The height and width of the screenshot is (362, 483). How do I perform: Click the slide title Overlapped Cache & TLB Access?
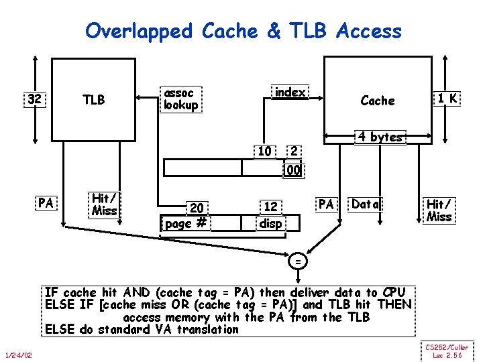(x=244, y=30)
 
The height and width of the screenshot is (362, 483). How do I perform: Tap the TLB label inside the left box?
(x=94, y=100)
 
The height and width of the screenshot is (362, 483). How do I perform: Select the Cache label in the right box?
(x=378, y=101)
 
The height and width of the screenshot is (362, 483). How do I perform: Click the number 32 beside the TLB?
(x=34, y=100)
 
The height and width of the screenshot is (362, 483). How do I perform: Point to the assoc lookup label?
(x=181, y=99)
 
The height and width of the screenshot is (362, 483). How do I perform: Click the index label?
(x=290, y=93)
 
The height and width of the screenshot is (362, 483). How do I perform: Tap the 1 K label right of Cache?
(x=447, y=99)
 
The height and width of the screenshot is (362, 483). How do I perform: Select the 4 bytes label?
(x=380, y=137)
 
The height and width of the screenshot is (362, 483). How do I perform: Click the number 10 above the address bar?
(x=264, y=152)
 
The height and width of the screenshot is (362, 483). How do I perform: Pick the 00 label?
(x=293, y=171)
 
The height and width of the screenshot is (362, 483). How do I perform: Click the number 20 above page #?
(x=197, y=208)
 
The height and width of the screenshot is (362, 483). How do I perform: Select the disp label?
(x=271, y=223)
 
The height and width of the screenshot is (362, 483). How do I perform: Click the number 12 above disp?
(x=270, y=208)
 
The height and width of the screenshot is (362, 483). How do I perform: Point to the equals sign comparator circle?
(x=297, y=261)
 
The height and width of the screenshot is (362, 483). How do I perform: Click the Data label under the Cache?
(x=366, y=204)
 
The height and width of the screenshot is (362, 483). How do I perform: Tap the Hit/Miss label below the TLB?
(x=104, y=204)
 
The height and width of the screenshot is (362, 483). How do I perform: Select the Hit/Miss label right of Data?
(x=439, y=209)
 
